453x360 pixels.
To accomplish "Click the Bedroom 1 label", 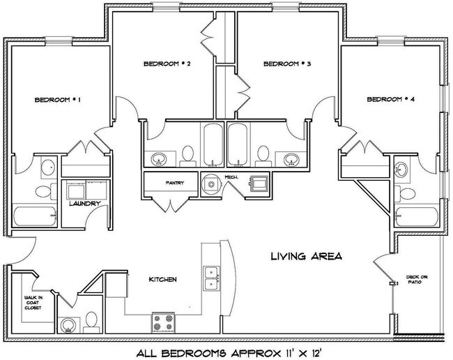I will [x=59, y=100].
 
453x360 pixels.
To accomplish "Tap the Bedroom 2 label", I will [x=167, y=63].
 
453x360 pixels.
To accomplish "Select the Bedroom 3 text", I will [x=286, y=63].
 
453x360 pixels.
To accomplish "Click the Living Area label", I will [x=306, y=256].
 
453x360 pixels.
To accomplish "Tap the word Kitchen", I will [x=162, y=280].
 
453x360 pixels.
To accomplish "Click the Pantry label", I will [x=174, y=184].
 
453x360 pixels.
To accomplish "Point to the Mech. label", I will [x=231, y=178].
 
